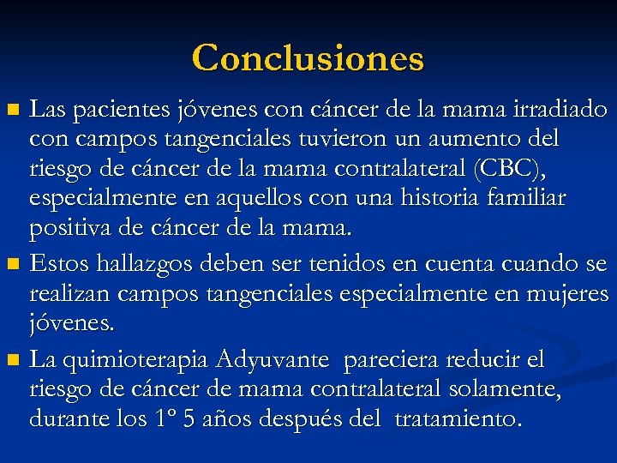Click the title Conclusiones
(x=308, y=58)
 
